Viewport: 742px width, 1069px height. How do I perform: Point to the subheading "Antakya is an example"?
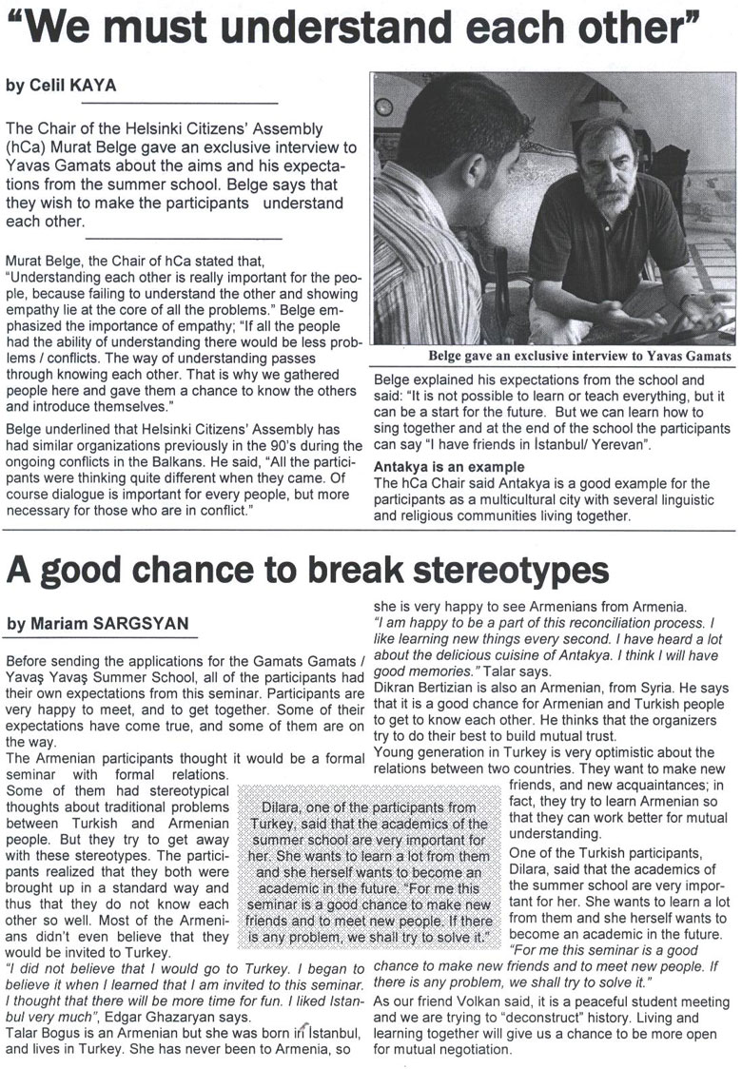[449, 467]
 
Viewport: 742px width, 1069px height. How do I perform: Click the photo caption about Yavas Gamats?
[580, 356]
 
